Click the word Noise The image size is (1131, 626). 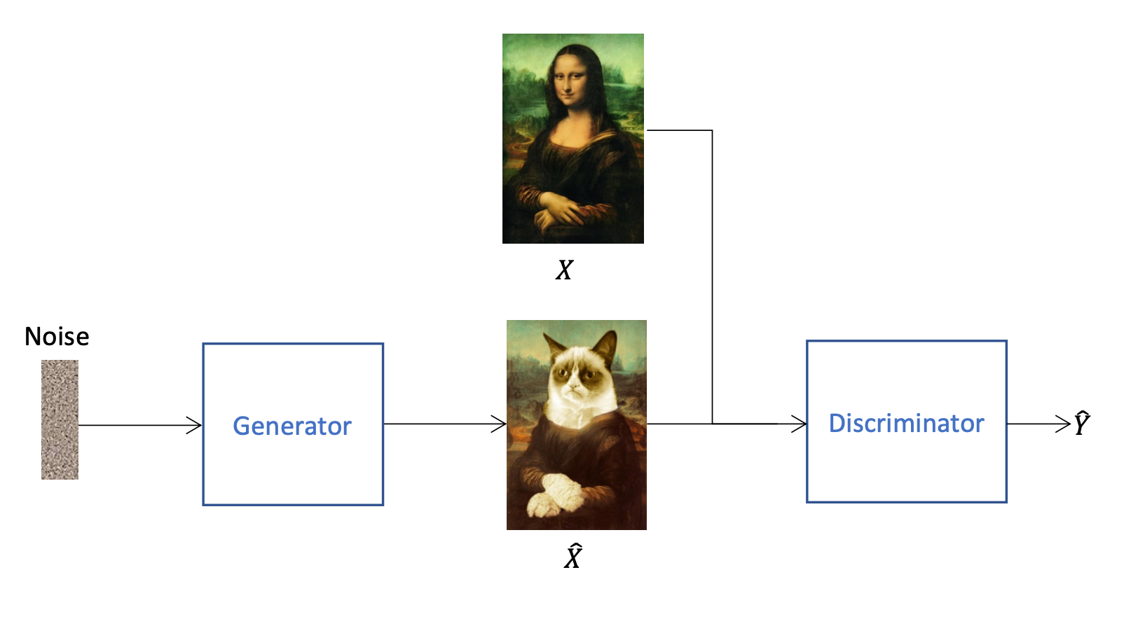click(57, 336)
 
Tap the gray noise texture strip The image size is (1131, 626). click(60, 419)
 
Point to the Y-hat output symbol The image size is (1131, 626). click(1081, 423)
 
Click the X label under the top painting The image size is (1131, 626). click(565, 270)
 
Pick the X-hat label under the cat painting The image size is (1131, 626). click(573, 556)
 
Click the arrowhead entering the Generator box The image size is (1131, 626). click(194, 425)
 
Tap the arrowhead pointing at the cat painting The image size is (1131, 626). click(499, 424)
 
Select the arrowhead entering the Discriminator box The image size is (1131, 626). click(799, 424)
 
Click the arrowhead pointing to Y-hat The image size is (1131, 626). click(1063, 424)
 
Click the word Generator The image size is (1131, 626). click(292, 426)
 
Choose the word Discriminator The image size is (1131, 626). click(906, 423)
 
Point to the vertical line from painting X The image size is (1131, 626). click(712, 277)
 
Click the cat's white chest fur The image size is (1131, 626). click(581, 414)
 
